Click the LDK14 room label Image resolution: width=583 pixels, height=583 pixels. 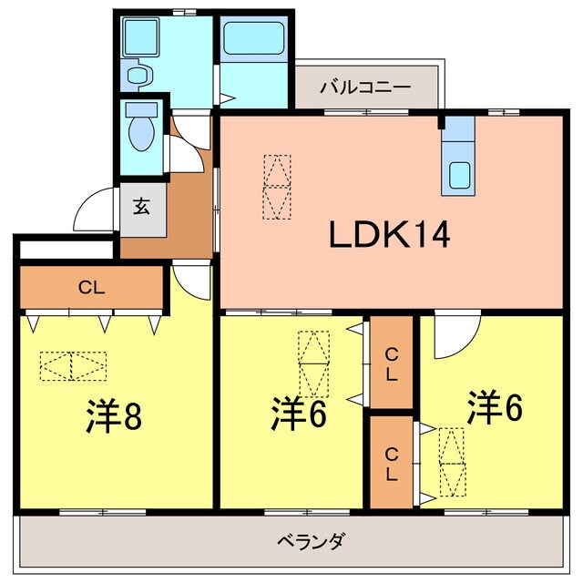[x=389, y=237]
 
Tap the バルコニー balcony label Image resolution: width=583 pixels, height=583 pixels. [x=364, y=88]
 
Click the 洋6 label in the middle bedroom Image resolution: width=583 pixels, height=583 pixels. [x=299, y=414]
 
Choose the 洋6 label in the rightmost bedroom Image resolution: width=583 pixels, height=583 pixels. [x=496, y=407]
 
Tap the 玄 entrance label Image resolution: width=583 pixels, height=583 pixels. [x=142, y=208]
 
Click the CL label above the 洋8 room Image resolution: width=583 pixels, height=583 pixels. [x=90, y=288]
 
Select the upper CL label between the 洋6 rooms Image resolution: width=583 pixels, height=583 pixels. [x=391, y=363]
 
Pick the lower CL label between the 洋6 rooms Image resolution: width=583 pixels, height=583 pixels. [x=391, y=464]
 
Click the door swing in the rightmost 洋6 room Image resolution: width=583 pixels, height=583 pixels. [x=453, y=335]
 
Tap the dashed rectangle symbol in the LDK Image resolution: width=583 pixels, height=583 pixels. [x=279, y=186]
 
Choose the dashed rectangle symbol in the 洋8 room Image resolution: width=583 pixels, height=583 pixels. [x=73, y=366]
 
